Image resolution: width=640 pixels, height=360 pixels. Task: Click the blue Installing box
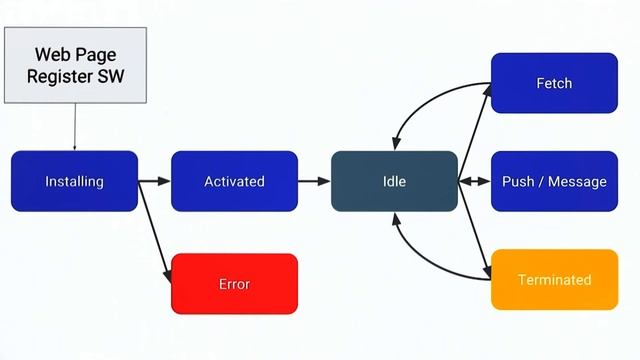(x=74, y=181)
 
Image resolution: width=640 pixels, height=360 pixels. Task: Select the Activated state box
(x=234, y=181)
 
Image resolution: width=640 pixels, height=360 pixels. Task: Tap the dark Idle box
(x=394, y=181)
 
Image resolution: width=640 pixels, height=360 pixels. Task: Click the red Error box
(x=234, y=284)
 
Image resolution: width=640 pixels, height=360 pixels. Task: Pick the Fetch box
(x=554, y=83)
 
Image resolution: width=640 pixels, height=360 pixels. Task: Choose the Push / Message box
(x=554, y=181)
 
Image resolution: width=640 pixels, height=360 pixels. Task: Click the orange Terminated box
(x=554, y=279)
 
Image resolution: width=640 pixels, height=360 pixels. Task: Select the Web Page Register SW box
(x=75, y=65)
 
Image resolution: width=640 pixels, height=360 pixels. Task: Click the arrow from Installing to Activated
(x=154, y=181)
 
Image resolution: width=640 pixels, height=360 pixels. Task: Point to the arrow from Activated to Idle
(x=314, y=181)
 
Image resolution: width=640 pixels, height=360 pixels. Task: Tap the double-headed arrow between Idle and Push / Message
(x=474, y=181)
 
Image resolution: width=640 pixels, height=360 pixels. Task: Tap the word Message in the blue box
(x=575, y=181)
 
